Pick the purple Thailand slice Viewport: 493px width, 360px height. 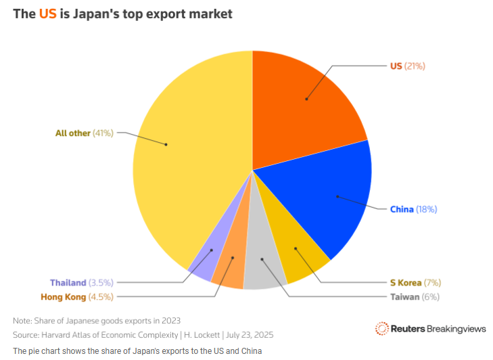coord(203,261)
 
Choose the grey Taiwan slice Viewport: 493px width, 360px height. coord(260,271)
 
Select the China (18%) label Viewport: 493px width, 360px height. coord(413,209)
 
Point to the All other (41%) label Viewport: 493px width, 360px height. coord(84,133)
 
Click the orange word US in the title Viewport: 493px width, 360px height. coord(47,14)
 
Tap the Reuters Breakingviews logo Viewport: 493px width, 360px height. coord(430,328)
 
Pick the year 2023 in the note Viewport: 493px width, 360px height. coord(170,320)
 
